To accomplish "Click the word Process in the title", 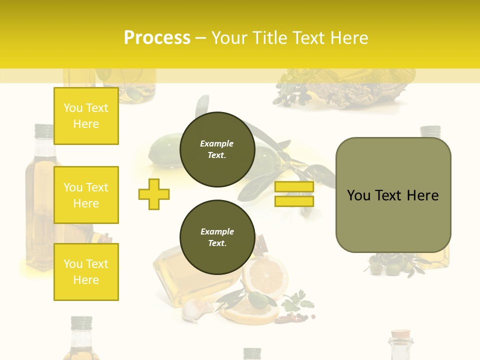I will (x=157, y=37).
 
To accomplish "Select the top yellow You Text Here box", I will (x=86, y=116).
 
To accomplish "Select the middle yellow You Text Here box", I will (x=86, y=195).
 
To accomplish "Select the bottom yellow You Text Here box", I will (x=86, y=271).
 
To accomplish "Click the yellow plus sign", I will (x=154, y=194).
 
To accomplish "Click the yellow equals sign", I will (x=294, y=194).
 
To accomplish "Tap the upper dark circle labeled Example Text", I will (x=217, y=149).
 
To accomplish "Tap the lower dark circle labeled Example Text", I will (x=217, y=237).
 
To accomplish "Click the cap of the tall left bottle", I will (x=44, y=131).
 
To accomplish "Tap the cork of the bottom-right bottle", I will (x=401, y=334).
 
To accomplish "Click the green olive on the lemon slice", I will (x=258, y=300).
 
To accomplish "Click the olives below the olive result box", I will (x=395, y=265).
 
